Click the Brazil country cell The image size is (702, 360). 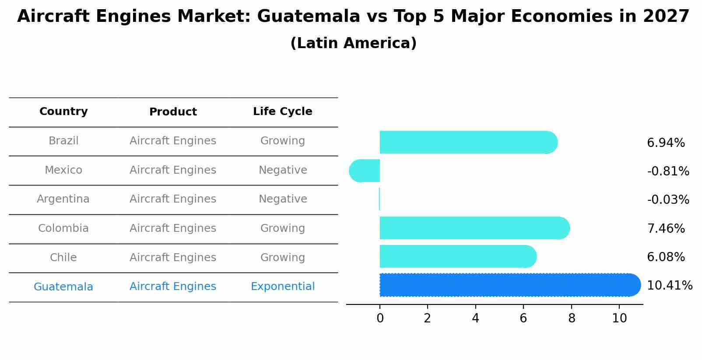63,141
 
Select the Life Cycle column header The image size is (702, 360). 282,112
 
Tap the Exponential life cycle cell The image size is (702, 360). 282,287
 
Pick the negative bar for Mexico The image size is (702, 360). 365,171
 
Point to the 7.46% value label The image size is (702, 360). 666,228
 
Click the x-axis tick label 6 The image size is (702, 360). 523,318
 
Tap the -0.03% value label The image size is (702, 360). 668,200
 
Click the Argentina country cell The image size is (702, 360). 63,199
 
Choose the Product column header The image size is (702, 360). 173,112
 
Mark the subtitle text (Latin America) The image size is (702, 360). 353,43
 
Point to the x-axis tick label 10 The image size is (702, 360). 619,318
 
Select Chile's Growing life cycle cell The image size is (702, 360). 282,258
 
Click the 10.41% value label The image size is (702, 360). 669,286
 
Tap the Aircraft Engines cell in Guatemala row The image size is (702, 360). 173,287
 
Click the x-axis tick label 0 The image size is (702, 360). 380,318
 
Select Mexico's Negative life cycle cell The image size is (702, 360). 282,170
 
